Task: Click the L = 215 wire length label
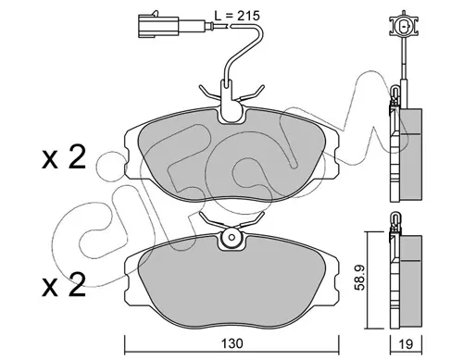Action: [237, 16]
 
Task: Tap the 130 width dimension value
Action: [231, 343]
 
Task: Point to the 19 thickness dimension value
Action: [407, 343]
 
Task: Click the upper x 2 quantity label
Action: [64, 158]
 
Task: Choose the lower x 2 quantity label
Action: [64, 285]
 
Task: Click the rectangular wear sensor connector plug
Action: [158, 25]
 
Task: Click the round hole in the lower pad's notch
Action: [231, 238]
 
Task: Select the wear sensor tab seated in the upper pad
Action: [231, 102]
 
